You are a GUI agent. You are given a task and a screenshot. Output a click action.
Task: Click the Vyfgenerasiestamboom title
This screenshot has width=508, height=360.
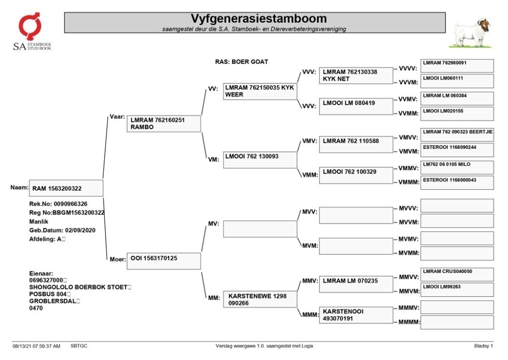click(x=258, y=18)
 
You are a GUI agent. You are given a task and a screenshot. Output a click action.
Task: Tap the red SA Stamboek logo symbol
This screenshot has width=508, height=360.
click(x=30, y=26)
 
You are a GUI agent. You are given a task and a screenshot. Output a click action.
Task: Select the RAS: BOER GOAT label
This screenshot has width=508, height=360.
click(x=241, y=62)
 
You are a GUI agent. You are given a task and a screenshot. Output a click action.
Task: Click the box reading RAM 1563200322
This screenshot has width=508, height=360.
click(x=66, y=188)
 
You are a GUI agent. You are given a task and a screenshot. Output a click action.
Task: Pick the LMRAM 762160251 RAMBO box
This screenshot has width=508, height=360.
click(x=164, y=124)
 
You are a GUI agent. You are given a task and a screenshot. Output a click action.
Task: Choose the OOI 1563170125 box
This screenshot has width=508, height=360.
click(x=164, y=261)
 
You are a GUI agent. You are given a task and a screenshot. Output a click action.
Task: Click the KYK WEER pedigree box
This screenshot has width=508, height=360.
click(x=260, y=91)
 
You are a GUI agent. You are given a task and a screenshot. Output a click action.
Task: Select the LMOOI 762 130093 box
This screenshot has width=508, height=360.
click(x=260, y=160)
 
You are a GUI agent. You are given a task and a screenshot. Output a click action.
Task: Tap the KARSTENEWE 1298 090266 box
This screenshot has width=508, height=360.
click(x=260, y=299)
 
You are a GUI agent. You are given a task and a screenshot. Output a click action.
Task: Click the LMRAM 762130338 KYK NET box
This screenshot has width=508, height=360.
click(x=356, y=76)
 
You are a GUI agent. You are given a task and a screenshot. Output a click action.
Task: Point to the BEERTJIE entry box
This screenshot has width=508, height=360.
click(x=457, y=135)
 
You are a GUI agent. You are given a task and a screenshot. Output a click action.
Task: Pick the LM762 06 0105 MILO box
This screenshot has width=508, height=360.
click(x=457, y=167)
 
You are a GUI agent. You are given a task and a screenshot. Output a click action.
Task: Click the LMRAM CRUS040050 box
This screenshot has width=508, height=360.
click(x=457, y=275)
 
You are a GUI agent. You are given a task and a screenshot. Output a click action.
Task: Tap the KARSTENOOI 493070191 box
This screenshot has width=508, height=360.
click(x=356, y=315)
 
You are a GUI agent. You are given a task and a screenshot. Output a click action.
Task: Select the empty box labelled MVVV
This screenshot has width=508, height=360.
click(x=457, y=205)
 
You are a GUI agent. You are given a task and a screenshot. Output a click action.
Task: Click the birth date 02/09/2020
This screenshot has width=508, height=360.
click(x=80, y=230)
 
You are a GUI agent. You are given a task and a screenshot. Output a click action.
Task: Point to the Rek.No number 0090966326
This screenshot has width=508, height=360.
click(x=71, y=204)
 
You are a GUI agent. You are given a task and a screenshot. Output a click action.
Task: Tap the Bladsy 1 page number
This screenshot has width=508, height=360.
click(x=484, y=346)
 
